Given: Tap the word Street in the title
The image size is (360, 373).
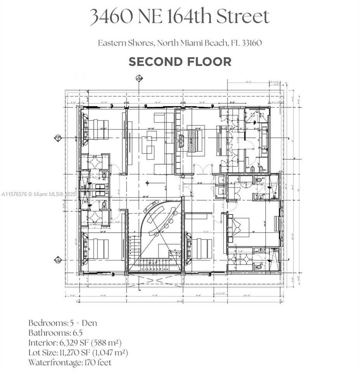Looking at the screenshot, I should pos(243,17).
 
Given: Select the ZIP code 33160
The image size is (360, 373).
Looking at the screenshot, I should pos(251,43).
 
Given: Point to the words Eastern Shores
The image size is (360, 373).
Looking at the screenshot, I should pos(125,43).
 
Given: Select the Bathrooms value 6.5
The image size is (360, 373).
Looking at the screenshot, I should pos(77,333).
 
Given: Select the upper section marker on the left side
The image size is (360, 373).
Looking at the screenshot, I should pos(58,137).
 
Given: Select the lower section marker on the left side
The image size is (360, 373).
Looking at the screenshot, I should pos(58,260).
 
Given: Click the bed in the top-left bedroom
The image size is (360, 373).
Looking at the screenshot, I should pos(99,129).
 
